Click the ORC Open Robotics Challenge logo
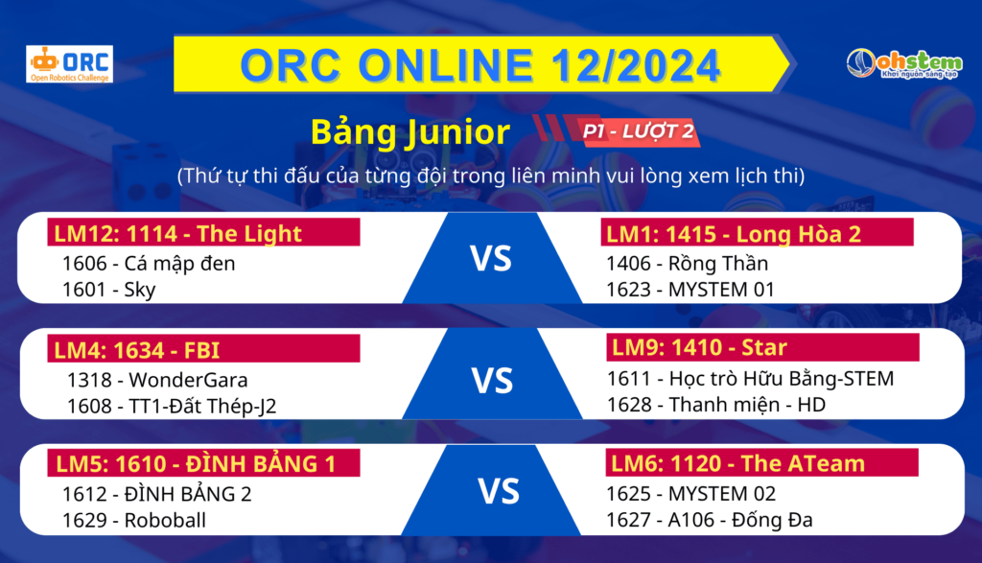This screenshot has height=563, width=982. pos(69,64)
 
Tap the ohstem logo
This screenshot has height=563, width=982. pos(904,64)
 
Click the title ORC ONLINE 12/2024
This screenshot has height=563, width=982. pos(479,64)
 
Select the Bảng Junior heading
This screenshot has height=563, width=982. pos(410,131)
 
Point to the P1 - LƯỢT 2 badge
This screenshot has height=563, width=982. pos(638,130)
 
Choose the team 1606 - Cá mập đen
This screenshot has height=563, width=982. pos(149,264)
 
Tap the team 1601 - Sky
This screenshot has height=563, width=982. pos(108,290)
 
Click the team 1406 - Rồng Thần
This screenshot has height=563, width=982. pos(687,263)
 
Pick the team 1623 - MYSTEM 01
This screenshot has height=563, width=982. pos(690,290)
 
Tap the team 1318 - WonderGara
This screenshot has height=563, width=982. pos(157,380)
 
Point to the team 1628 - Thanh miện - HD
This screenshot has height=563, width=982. pos(715,405)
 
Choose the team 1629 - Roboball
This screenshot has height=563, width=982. pos(134,520)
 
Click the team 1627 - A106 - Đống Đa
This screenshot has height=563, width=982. pos(709,520)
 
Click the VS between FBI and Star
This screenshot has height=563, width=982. pos(492,381)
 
